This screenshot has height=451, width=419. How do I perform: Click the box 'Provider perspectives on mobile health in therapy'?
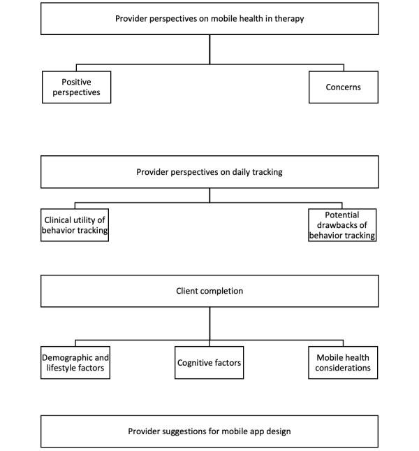[209, 19]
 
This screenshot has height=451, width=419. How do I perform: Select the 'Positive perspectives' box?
[76, 87]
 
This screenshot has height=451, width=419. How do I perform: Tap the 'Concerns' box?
[343, 87]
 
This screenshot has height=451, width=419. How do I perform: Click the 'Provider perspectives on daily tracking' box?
[209, 172]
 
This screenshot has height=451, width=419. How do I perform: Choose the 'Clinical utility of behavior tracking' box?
[75, 225]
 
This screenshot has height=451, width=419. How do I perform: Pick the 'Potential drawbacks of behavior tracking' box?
[342, 225]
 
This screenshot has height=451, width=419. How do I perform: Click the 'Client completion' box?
[209, 291]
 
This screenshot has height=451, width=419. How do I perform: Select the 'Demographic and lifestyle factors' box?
[75, 362]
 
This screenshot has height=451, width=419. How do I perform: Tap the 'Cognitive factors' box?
[209, 362]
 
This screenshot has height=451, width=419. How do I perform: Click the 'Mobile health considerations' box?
[342, 362]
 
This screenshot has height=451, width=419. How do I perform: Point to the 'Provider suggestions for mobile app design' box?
[209, 431]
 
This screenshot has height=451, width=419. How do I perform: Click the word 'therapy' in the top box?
[289, 19]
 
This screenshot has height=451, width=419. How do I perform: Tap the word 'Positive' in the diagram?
[76, 82]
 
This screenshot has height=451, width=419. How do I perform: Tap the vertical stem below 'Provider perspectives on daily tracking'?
[209, 196]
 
